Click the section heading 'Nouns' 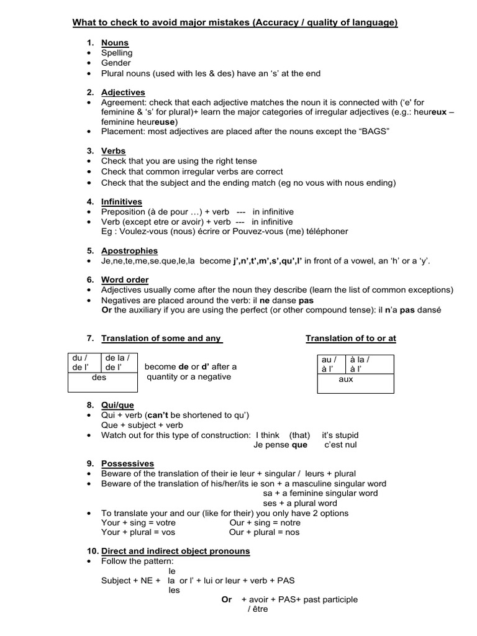coord(115,43)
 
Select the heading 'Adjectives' coord(123,93)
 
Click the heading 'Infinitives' coord(122,202)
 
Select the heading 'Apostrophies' coord(129,251)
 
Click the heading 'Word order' coord(125,280)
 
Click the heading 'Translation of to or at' coord(350,338)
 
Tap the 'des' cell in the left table coord(99,377)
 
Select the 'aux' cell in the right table coord(346,379)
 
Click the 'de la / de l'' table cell coord(117,362)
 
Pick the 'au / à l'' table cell coord(329,364)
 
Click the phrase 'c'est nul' coord(341,445)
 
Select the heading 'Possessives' coord(127,464)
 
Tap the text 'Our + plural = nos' coord(264,533)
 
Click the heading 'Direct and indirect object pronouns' coord(175,551)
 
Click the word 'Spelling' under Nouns coord(117,53)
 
